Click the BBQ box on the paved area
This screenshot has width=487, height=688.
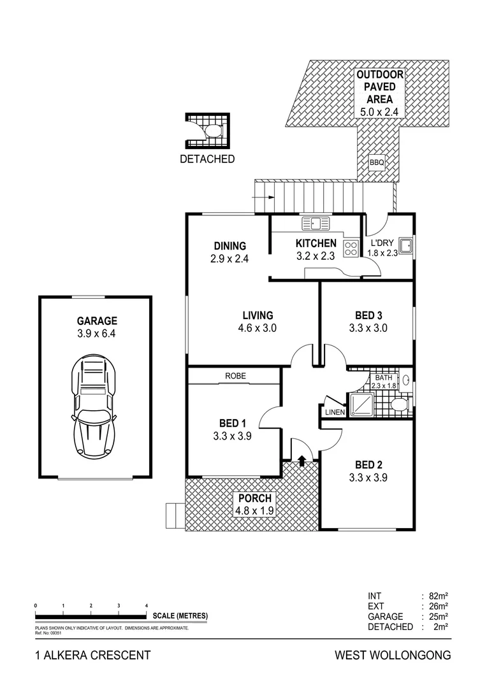(377, 163)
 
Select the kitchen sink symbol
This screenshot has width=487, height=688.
(316, 224)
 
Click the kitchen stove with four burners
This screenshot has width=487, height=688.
(351, 248)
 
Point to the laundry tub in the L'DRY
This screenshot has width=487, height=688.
(405, 244)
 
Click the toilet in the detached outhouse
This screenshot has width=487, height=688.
(212, 131)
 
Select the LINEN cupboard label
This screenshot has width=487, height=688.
(335, 412)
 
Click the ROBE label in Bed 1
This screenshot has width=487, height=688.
(235, 376)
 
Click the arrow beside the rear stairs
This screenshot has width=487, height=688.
(261, 197)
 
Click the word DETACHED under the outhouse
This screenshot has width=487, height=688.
(207, 159)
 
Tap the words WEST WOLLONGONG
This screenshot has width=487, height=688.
(393, 655)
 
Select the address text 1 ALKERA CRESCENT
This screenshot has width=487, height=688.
(92, 655)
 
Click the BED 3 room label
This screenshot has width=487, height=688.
(368, 315)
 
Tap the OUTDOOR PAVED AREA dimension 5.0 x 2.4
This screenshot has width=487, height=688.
(380, 111)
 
